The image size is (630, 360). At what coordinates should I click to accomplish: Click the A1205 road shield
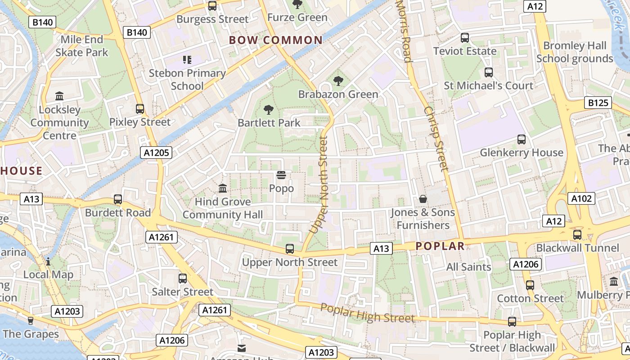[x=156, y=153]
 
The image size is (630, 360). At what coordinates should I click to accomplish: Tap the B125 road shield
[x=598, y=103]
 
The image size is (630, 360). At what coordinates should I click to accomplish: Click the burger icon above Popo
[x=281, y=175]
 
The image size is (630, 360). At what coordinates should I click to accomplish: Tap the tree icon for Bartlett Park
[x=269, y=109]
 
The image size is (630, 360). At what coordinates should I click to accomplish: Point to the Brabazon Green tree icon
[x=338, y=81]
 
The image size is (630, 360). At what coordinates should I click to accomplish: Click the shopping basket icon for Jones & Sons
[x=423, y=198]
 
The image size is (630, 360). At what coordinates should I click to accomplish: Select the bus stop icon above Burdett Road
[x=118, y=199]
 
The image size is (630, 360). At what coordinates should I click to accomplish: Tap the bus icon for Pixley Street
[x=140, y=109]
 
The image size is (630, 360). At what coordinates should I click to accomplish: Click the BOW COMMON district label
[x=276, y=40]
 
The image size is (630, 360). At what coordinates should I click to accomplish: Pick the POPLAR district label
[x=440, y=246]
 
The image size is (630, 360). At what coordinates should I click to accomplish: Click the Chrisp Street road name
[x=436, y=139]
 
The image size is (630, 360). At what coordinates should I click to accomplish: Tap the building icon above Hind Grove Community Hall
[x=223, y=188]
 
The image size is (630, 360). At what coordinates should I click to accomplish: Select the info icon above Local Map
[x=48, y=261]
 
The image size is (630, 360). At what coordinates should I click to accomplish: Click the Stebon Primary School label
[x=187, y=79]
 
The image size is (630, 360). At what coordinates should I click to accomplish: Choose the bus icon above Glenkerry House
[x=522, y=139]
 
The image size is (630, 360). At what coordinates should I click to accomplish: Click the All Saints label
[x=468, y=267]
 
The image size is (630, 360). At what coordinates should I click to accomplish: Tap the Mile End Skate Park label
[x=82, y=46]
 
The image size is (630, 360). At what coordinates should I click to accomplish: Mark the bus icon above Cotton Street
[x=530, y=285]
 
